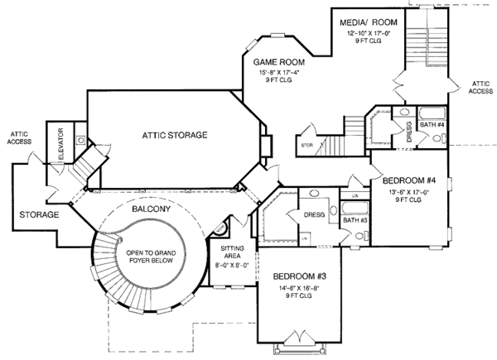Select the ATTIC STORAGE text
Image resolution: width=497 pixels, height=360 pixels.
(x=174, y=134)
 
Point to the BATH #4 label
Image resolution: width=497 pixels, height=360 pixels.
(x=433, y=125)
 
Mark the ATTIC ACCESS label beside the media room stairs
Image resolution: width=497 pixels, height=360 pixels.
(x=478, y=88)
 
